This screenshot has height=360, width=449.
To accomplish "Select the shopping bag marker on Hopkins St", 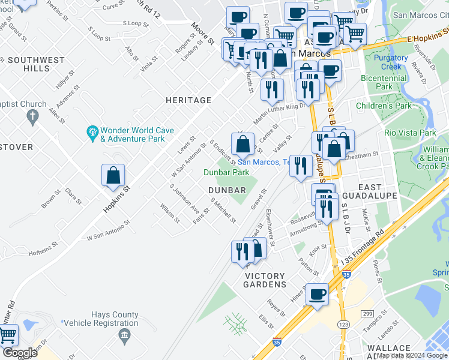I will click(x=113, y=176).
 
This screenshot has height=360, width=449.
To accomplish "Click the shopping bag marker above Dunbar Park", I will click(x=243, y=145).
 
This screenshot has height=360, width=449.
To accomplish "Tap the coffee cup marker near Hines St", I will click(x=317, y=295).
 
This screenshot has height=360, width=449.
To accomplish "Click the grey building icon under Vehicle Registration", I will click(x=124, y=334).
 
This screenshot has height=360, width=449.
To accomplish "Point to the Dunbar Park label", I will click(x=226, y=172).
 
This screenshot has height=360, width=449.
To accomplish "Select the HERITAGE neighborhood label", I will click(x=189, y=100).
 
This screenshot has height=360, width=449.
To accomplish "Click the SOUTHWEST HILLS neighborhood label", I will click(x=37, y=64).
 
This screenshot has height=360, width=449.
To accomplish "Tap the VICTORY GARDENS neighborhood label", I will click(x=265, y=280).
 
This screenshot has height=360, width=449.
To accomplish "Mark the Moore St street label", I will click(x=203, y=34).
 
